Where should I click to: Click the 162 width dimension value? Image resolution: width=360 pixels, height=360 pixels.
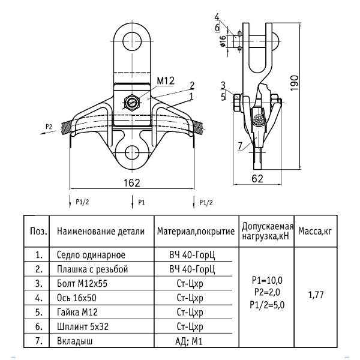(132, 183)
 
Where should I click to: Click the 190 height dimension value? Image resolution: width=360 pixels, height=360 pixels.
(295, 83)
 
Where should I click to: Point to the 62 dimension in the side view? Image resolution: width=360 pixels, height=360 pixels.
(257, 179)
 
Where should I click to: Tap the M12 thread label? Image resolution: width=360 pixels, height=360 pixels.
(166, 81)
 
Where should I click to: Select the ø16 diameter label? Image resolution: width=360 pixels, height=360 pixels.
(223, 41)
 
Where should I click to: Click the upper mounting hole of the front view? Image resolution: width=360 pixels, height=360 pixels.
(132, 41)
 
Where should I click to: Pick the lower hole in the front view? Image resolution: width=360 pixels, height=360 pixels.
(132, 153)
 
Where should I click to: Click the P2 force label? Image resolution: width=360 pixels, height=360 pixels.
(49, 127)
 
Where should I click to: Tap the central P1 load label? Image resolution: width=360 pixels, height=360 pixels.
(142, 202)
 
